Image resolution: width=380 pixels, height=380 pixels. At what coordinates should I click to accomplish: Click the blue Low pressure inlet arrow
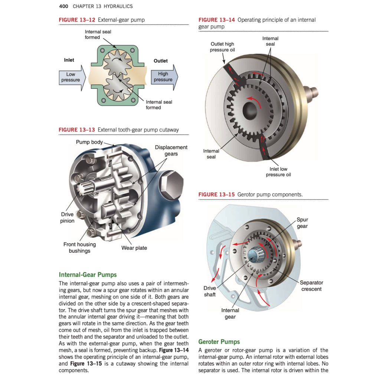[72, 77]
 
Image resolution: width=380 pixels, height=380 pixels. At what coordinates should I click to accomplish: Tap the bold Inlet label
[69, 60]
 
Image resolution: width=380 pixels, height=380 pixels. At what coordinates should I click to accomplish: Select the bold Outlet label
[161, 61]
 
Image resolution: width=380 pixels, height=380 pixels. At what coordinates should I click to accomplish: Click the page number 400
[64, 6]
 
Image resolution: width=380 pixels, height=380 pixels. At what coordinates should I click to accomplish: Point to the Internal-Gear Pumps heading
[88, 275]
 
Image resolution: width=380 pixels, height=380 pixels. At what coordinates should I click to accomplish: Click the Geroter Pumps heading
[219, 342]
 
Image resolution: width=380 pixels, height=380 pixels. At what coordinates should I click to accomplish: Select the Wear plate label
[134, 248]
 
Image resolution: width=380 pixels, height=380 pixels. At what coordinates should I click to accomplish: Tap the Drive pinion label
[68, 218]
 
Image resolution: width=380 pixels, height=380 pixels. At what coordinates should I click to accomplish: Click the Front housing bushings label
[79, 248]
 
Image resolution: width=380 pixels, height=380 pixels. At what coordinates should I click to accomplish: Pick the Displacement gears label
[171, 151]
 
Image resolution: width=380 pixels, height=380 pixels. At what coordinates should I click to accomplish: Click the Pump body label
[89, 142]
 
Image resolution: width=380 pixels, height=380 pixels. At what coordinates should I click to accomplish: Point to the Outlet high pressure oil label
[222, 47]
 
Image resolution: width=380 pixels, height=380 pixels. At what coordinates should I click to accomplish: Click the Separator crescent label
[311, 286]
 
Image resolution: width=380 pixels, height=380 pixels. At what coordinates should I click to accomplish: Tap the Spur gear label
[302, 223]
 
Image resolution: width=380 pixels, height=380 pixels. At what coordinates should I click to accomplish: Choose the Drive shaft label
[210, 291]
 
